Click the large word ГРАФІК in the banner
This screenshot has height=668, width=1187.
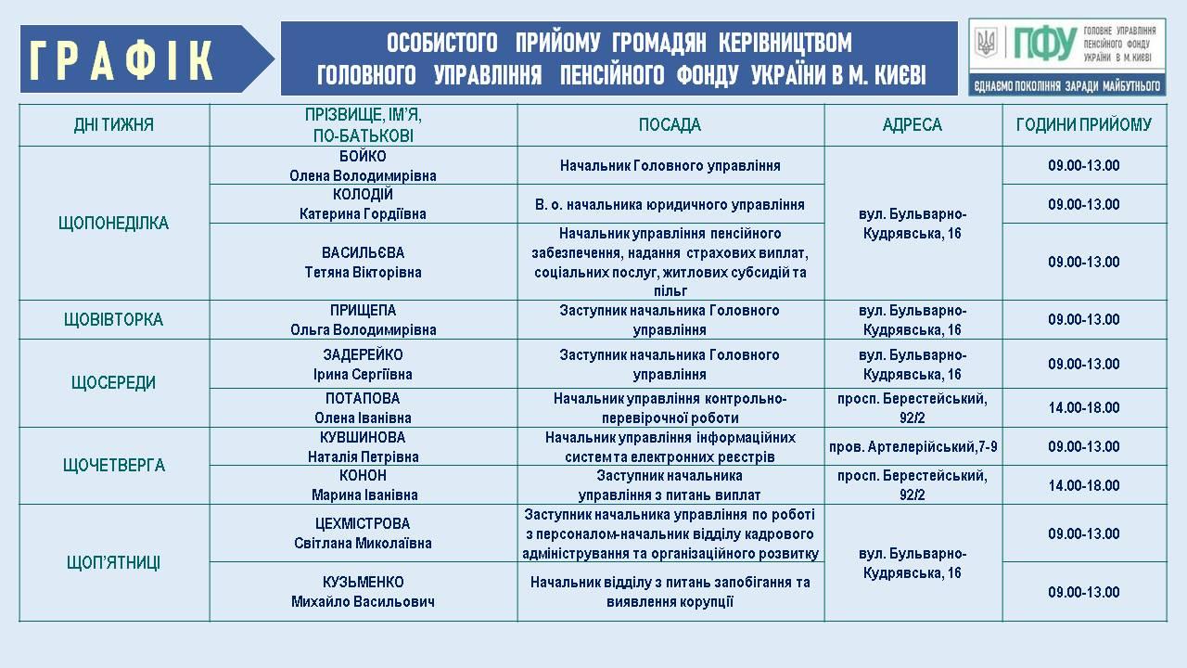coord(123,60)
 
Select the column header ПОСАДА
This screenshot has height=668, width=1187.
coord(670,125)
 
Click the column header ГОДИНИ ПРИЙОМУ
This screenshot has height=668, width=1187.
coord(1084,125)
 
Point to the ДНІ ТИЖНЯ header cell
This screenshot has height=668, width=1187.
coord(114,125)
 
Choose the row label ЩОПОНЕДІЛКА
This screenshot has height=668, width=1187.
coord(114,224)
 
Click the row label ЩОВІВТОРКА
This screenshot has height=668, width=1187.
coord(114,320)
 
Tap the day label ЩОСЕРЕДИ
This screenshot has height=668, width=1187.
coord(114,383)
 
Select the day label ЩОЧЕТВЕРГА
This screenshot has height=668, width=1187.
coord(114,466)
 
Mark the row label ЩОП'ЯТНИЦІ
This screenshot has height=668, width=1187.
coord(114,563)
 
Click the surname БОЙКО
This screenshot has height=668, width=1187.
coord(363,157)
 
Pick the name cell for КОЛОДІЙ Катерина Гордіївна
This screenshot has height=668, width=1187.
coord(363,204)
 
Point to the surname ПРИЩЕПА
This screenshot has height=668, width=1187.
coord(363,311)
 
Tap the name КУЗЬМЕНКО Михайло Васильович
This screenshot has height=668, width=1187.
coord(363,592)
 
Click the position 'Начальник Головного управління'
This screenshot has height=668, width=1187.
coord(670,166)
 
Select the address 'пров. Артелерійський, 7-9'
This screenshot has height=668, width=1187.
coord(913,447)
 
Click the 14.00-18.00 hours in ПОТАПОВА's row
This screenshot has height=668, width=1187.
coord(1084,408)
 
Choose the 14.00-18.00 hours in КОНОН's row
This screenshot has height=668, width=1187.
coord(1084,485)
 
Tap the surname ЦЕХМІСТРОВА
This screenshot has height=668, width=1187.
coord(363,524)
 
